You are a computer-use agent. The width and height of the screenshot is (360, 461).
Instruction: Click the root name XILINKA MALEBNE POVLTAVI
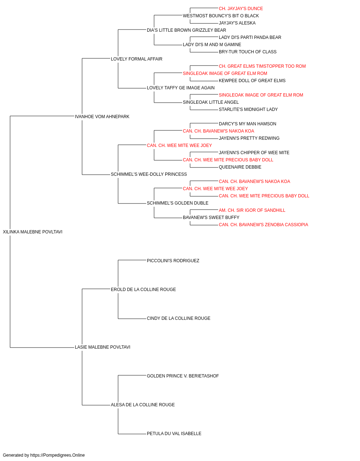(32, 232)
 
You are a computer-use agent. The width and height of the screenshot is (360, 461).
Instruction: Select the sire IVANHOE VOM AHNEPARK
(102, 117)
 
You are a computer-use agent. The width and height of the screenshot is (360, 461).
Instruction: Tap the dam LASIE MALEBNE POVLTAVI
(102, 347)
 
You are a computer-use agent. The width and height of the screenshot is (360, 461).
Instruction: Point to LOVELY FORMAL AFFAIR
(136, 59)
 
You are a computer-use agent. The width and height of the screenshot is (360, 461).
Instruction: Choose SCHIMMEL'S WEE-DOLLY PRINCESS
(149, 174)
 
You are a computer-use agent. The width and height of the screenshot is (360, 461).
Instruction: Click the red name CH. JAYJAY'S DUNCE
(241, 9)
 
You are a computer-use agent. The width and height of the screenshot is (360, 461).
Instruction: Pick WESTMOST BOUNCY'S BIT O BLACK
(221, 16)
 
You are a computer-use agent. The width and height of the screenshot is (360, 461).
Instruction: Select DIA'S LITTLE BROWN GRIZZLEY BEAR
(186, 30)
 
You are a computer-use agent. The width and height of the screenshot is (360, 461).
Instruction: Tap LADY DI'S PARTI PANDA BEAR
(250, 37)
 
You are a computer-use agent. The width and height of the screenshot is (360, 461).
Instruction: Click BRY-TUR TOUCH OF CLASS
(248, 52)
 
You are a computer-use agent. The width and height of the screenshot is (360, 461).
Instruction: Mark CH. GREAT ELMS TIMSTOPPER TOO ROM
(262, 66)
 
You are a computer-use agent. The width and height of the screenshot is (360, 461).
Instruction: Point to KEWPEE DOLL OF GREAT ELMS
(252, 81)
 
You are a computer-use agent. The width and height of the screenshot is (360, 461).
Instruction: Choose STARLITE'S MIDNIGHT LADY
(248, 109)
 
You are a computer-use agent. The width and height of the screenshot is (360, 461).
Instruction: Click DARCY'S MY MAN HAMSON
(247, 124)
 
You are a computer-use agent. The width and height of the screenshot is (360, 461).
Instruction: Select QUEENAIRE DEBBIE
(240, 167)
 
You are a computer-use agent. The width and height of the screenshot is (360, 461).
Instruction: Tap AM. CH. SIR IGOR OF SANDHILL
(252, 210)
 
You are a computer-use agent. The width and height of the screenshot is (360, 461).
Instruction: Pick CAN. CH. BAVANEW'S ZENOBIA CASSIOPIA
(264, 225)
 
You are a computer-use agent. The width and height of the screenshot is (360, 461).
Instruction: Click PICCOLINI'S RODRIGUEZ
(173, 261)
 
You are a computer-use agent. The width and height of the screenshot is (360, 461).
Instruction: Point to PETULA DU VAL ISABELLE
(174, 434)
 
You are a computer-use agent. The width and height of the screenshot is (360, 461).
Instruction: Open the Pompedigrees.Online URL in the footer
(58, 455)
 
